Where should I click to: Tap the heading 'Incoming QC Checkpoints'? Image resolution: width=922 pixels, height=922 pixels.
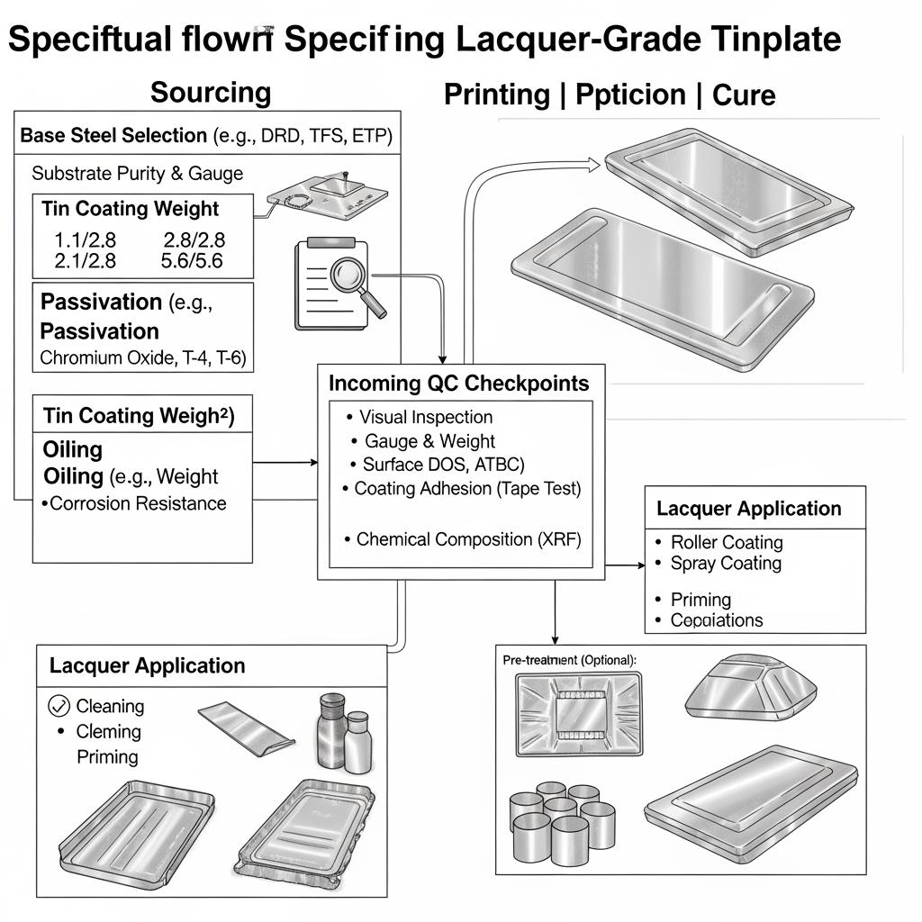[458, 383]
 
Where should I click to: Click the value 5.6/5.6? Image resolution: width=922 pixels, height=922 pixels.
[191, 261]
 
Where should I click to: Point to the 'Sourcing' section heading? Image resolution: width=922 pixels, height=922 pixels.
[210, 92]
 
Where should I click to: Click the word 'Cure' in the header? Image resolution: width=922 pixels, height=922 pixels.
[744, 95]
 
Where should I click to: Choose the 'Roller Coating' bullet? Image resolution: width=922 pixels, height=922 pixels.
[727, 542]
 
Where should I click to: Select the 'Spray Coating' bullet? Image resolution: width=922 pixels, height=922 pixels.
[726, 564]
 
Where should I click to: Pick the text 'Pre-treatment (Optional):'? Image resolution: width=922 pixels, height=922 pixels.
[569, 660]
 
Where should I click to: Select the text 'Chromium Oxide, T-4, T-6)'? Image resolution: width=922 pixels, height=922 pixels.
[142, 357]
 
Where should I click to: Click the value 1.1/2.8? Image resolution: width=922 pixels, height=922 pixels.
[86, 240]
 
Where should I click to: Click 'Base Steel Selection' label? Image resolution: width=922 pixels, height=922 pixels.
[113, 136]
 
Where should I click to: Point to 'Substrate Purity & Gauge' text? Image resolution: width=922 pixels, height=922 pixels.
[137, 173]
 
